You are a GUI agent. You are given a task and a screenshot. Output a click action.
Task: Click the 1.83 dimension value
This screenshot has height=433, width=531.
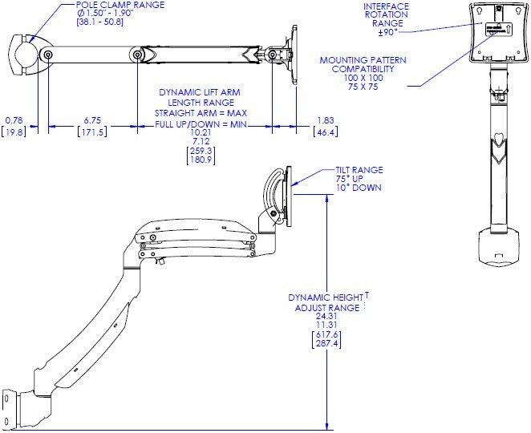tap(325, 120)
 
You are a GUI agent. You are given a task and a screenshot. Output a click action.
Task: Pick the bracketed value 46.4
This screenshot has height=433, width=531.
tap(325, 131)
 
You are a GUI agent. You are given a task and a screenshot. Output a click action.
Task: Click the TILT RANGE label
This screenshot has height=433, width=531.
tap(360, 170)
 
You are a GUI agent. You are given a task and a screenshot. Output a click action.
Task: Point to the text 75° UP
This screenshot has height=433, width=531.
tap(358, 179)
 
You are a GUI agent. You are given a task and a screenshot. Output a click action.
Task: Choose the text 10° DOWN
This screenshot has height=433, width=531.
tap(360, 188)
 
